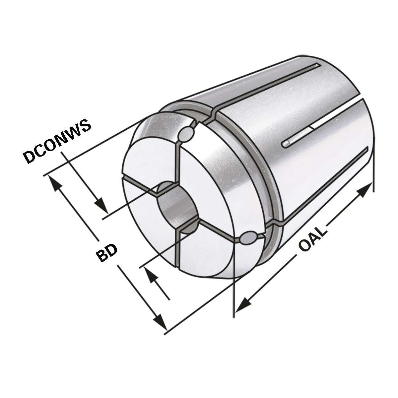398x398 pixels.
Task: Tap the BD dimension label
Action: tap(107, 253)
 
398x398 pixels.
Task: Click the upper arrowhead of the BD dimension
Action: tap(55, 183)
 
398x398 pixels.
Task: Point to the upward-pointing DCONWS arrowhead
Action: tap(150, 275)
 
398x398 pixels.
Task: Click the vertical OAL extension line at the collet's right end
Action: tap(373, 169)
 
